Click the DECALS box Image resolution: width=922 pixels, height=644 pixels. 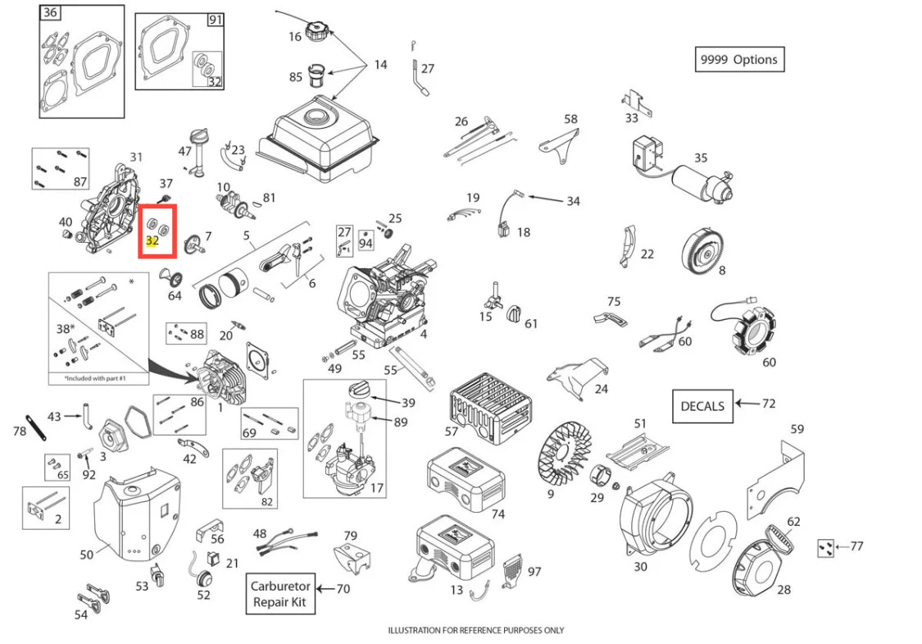point(702,405)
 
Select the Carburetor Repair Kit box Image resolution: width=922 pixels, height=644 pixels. point(280,595)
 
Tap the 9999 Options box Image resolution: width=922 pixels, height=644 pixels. point(738,60)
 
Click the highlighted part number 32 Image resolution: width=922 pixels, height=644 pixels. point(152,241)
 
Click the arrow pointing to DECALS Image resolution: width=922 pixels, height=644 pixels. point(745,404)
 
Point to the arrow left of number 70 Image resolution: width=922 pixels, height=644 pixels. point(325,588)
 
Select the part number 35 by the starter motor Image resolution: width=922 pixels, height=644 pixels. point(701,158)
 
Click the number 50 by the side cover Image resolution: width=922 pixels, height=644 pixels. point(87,555)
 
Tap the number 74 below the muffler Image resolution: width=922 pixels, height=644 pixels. point(497,514)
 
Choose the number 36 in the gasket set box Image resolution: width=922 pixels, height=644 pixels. point(50,12)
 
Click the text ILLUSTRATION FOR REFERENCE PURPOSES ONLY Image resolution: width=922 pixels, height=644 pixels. point(475,630)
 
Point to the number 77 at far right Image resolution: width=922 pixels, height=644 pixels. point(856,546)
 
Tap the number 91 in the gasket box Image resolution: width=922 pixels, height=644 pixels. point(215,21)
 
